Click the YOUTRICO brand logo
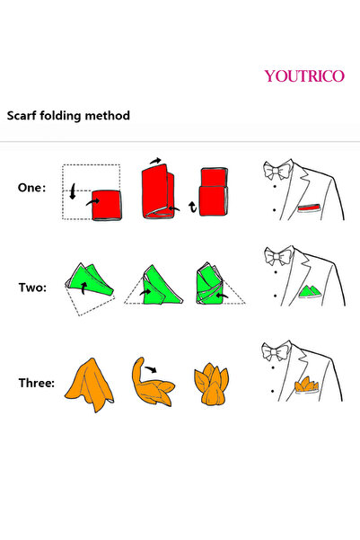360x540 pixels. tap(304, 75)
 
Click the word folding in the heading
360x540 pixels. tap(60, 116)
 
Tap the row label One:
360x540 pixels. tap(31, 188)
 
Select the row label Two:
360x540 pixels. tap(32, 288)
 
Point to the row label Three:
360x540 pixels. tap(37, 383)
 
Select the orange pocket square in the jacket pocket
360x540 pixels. tap(306, 385)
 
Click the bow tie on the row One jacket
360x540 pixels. tap(277, 170)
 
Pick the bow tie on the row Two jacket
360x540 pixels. tap(278, 256)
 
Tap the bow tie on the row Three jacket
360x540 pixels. tap(276, 351)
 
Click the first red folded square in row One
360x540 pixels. tap(107, 205)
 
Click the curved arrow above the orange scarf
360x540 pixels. tap(151, 369)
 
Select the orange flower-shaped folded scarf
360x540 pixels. tap(211, 384)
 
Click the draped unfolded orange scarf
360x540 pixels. tap(90, 385)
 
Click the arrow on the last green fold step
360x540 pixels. tap(222, 295)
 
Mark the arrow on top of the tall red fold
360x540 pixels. tap(155, 161)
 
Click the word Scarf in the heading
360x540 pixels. tap(22, 116)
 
